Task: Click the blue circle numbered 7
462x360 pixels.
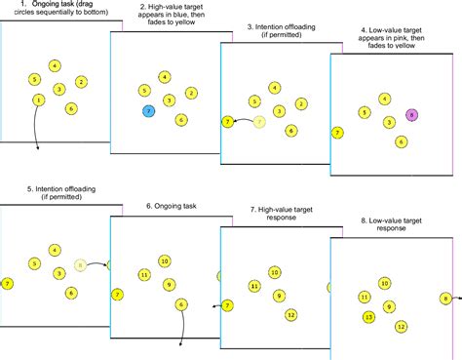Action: [x=147, y=112]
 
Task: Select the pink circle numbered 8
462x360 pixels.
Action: [x=411, y=115]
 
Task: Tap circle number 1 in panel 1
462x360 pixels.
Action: [x=38, y=100]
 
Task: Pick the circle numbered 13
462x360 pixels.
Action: [x=368, y=317]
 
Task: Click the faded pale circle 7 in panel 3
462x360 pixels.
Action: [x=259, y=122]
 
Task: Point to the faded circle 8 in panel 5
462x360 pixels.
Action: [x=81, y=264]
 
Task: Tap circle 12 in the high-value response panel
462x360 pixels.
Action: [x=290, y=314]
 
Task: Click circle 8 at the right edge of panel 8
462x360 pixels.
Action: [x=445, y=299]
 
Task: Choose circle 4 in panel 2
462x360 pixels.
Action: [x=166, y=77]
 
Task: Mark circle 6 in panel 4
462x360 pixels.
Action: [x=401, y=141]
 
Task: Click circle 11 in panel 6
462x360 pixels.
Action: [x=145, y=275]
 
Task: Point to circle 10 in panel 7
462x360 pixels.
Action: [x=275, y=272]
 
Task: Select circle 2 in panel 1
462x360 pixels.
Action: [x=81, y=82]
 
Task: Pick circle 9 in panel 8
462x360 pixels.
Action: [x=390, y=306]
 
